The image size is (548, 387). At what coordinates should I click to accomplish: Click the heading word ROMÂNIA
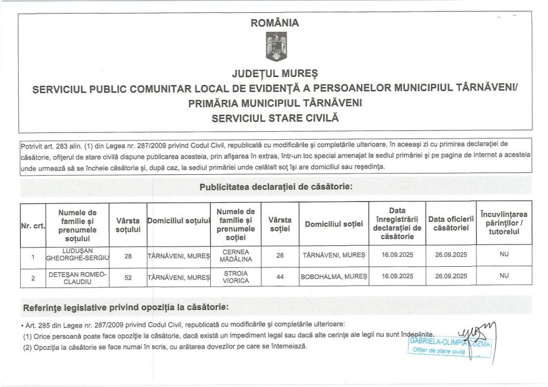275,23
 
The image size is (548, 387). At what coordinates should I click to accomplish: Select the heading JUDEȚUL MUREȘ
275,73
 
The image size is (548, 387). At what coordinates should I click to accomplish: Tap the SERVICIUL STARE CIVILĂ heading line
275,117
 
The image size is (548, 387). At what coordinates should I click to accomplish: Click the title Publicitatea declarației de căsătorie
276,187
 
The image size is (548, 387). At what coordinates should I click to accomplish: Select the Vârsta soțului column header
128,225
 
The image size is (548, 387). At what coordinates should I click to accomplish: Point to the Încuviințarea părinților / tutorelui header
504,224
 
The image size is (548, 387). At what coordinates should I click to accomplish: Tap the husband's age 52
128,277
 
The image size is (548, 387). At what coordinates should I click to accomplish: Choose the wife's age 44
280,277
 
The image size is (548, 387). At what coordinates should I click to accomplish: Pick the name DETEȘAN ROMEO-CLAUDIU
78,277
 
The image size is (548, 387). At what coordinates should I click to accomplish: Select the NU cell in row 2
504,276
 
